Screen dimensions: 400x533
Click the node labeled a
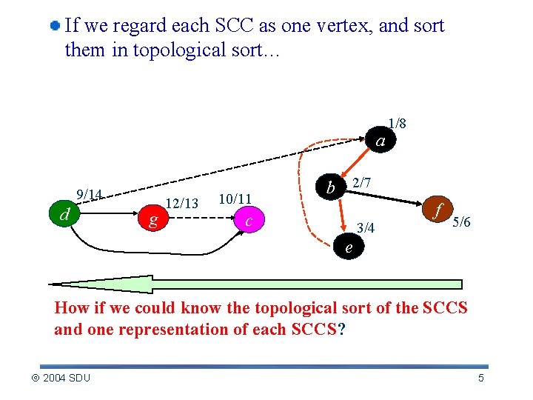point(380,141)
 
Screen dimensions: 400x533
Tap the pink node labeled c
point(250,221)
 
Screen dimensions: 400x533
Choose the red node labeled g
point(152,219)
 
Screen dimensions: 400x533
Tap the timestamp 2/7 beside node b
point(361,181)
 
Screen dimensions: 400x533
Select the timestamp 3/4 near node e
point(366,228)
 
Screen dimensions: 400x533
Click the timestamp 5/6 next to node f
point(463,221)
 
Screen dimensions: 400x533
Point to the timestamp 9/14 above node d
point(90,194)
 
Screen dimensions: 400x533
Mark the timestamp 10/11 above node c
point(235,199)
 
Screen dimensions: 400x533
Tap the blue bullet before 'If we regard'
point(55,26)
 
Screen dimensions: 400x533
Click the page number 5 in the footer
point(481,379)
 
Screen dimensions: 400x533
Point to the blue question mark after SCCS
point(341,330)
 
